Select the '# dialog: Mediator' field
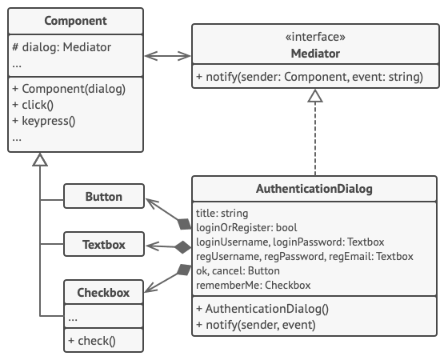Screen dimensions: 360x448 tap(62, 47)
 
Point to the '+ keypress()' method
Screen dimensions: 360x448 tap(44, 122)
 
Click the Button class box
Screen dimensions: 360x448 tap(103, 196)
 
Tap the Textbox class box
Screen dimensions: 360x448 tap(103, 243)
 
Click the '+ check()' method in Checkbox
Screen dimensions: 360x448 tap(92, 341)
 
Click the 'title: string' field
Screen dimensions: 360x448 tap(222, 214)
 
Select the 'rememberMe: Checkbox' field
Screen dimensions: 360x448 tap(253, 285)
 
